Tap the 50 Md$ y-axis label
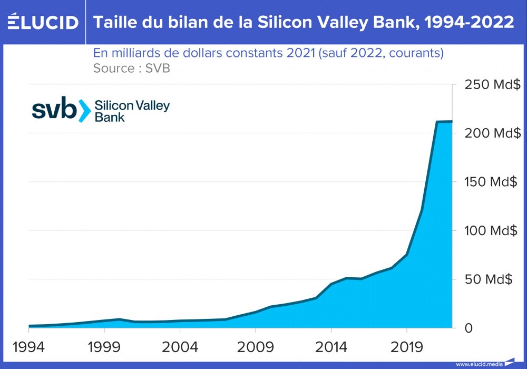(489, 279)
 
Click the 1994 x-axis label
(29, 348)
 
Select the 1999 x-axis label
(104, 348)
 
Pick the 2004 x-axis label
(180, 348)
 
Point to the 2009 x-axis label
(256, 348)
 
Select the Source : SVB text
(131, 68)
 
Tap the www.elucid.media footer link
(479, 364)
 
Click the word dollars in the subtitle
(203, 53)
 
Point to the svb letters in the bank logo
(54, 110)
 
